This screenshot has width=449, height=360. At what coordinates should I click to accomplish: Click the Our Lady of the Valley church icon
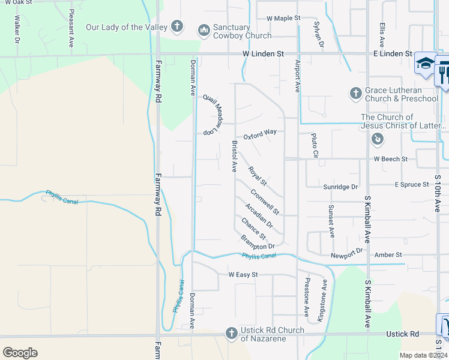tap(176, 26)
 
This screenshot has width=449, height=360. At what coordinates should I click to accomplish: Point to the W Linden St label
tap(263, 54)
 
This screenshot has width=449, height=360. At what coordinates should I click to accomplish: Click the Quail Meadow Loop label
tap(213, 114)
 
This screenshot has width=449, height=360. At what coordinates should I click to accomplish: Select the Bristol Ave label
tap(235, 155)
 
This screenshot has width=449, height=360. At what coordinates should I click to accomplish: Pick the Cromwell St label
tap(265, 202)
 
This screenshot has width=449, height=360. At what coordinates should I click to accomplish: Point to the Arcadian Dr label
tap(259, 216)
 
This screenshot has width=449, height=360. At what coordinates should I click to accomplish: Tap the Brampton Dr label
tap(258, 242)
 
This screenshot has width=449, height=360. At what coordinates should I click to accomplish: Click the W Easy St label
tap(243, 275)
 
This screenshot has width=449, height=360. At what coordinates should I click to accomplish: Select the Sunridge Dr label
tap(340, 187)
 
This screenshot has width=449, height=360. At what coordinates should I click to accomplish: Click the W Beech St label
tap(390, 159)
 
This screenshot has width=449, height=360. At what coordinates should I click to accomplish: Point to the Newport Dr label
tap(347, 253)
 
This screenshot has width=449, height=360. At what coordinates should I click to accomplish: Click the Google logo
tap(20, 352)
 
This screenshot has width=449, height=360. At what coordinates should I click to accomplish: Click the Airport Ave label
tap(297, 76)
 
